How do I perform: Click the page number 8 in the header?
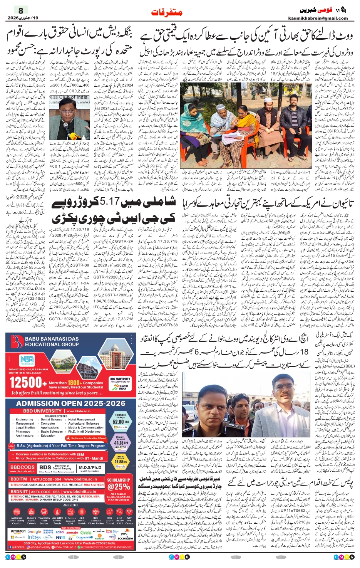coord(21,10)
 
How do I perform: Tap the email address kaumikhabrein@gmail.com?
coord(318,18)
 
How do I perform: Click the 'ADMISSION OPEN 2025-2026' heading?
coord(71,403)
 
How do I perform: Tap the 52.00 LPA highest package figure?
coord(121,422)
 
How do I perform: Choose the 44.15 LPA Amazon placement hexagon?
coord(121,443)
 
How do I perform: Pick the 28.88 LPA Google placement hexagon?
coord(121,461)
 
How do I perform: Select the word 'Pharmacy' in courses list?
coord(23,432)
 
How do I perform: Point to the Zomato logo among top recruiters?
coord(72,532)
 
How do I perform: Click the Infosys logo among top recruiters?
coord(34,537)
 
